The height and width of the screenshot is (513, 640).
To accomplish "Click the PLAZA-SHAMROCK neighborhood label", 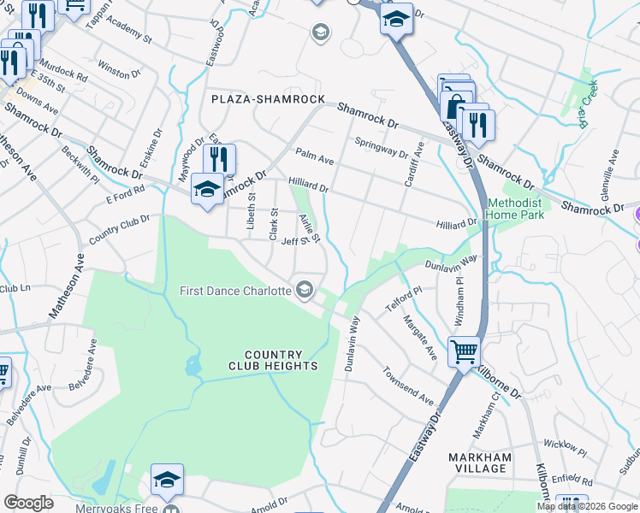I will pos(268,99).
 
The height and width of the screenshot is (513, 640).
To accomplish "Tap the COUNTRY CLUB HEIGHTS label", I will pos(273,360).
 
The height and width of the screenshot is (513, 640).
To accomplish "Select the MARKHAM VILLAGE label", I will pos(480,463).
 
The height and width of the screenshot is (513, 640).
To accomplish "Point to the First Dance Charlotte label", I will pos(235,291).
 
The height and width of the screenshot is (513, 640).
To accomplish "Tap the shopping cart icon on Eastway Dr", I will pos(464,351).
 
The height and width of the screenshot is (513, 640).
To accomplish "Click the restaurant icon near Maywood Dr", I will pos(219,158).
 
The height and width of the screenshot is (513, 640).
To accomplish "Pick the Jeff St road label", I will pos(293,242).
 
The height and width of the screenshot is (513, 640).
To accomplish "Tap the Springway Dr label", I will pos(381,146).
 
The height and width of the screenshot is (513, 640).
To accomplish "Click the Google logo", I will pos(28,503).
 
